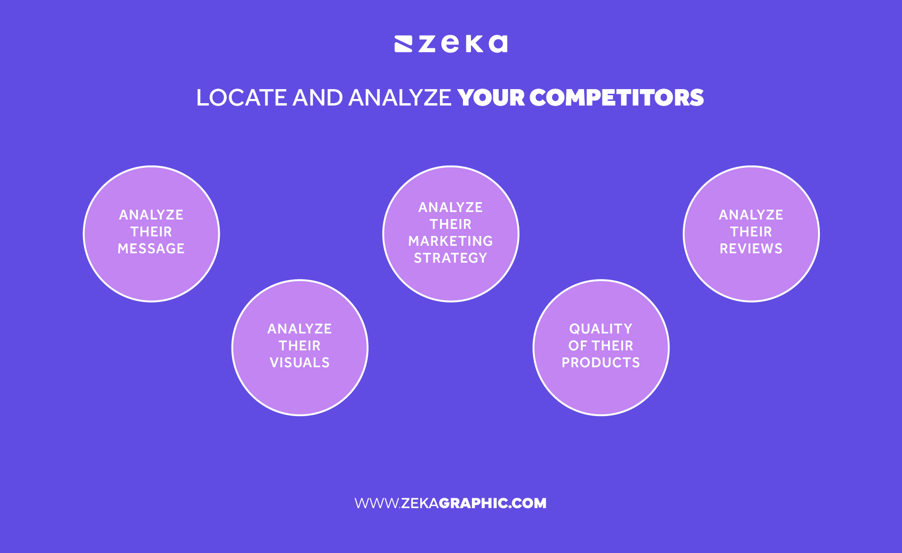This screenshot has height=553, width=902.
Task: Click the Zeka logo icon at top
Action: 403,44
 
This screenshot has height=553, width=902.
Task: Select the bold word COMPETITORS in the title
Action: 617,98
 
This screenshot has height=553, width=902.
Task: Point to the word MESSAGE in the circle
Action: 151,249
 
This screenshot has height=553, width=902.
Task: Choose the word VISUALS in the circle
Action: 300,363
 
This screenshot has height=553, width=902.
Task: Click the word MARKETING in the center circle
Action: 450,241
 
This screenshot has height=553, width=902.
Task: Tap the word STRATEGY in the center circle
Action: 450,258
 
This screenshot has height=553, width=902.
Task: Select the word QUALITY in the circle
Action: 601,329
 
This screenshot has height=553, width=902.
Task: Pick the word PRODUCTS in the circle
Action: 601,363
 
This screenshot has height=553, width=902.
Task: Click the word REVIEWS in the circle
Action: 751,249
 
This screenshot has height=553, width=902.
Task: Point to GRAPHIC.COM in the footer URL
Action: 493,503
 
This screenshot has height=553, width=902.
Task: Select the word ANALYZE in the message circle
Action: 151,215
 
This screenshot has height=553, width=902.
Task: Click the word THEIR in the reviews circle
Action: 751,232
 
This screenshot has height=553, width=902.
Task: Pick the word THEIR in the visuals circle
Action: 300,346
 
